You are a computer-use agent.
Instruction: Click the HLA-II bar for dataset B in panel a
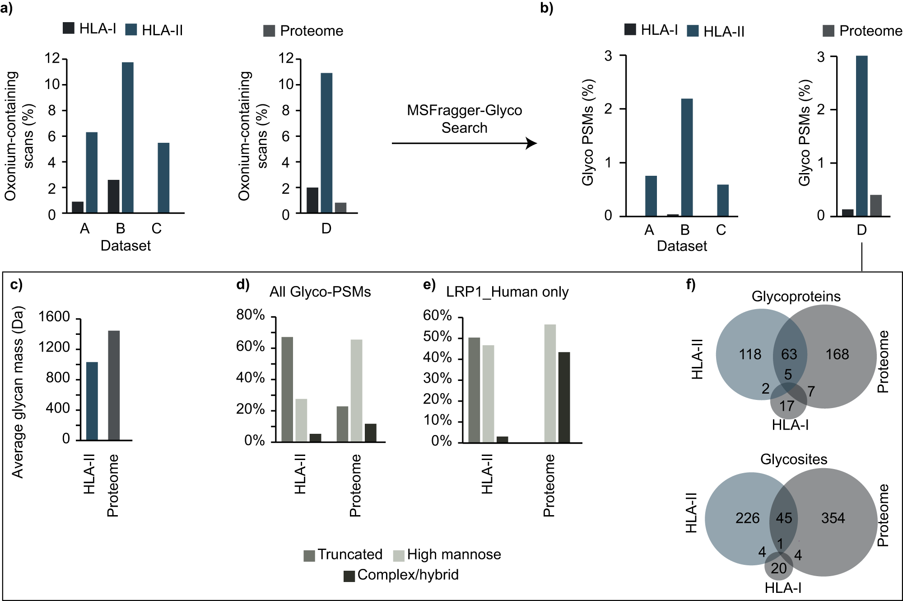127,137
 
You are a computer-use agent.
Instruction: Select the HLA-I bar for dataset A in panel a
78,207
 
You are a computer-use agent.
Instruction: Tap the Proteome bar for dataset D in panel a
340,208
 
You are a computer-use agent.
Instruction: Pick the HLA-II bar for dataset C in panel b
722,200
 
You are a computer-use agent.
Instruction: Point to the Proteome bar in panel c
114,385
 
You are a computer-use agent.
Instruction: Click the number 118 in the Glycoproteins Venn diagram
750,354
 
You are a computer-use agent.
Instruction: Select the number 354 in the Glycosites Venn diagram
833,518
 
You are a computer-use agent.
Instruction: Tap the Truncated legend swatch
309,555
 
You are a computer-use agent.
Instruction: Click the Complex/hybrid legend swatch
349,576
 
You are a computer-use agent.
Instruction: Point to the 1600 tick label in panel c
54,317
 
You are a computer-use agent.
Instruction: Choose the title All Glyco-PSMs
320,292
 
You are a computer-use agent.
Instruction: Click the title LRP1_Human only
507,292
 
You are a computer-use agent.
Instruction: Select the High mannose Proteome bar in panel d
356,390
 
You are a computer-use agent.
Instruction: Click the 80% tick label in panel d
251,315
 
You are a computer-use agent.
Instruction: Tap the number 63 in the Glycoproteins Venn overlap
789,354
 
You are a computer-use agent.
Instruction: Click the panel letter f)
691,284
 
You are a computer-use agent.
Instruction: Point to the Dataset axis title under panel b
682,246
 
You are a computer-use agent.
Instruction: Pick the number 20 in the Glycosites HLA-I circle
778,568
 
